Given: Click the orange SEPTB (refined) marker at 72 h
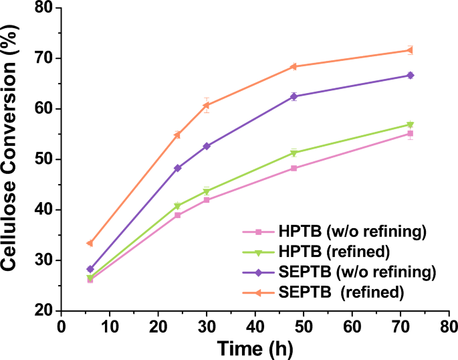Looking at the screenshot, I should (409, 50).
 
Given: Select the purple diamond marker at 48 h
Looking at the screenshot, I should (312, 96).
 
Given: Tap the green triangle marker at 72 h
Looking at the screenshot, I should (409, 124).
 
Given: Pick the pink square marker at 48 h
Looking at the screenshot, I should (312, 168).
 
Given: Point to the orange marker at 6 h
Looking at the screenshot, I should (90, 243).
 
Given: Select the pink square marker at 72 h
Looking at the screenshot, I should (409, 134).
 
